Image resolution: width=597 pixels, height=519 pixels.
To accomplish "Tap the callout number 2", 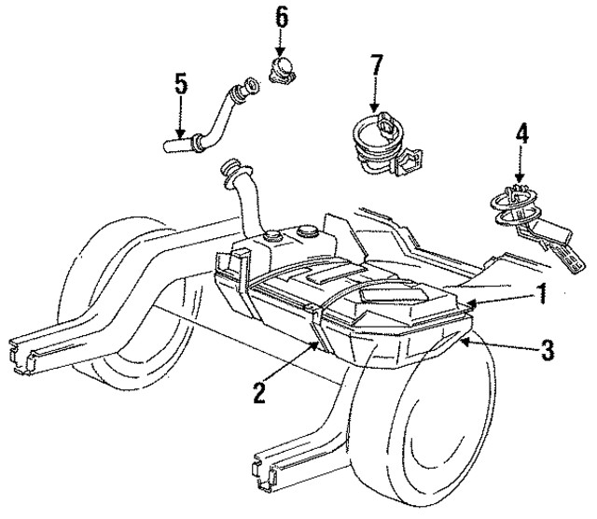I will coord(257,391).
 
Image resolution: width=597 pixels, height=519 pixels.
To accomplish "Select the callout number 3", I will coord(548,351).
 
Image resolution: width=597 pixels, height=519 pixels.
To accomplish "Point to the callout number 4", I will coord(522,134).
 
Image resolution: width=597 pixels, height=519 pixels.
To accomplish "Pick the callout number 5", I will coord(181,84).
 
